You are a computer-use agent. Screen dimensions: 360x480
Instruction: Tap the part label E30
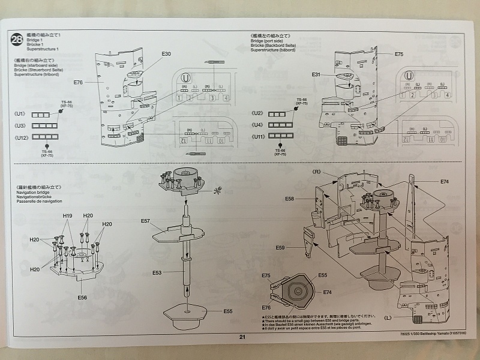pos(166,54)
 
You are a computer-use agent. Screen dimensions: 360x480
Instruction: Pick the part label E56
pos(83,297)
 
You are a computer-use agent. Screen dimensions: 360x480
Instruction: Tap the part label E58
pos(290,199)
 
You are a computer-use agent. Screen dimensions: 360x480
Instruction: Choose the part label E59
pos(280,247)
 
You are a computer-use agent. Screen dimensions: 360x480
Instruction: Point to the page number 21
pos(242,337)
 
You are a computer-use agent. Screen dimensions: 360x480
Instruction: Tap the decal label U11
pos(258,137)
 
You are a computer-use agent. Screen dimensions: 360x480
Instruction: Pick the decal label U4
pos(258,125)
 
